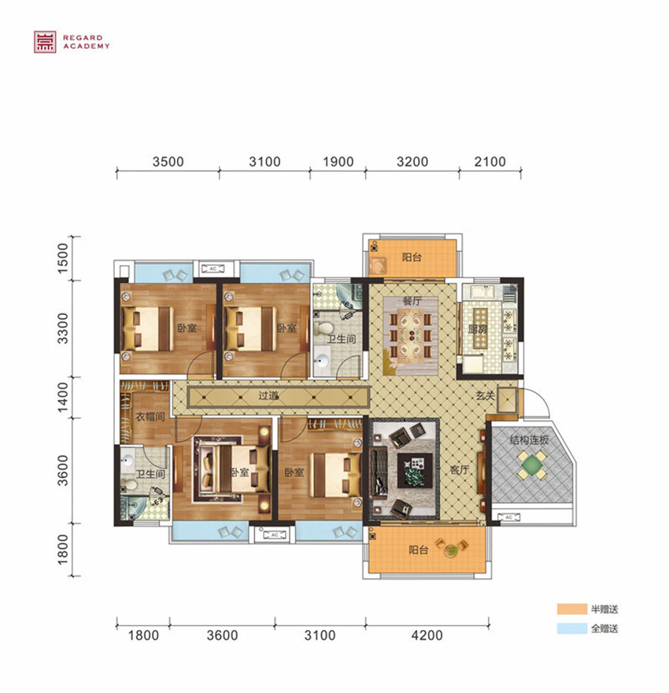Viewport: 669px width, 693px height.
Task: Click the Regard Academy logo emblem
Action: point(44,41)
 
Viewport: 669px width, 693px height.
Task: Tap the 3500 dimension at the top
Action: point(168,162)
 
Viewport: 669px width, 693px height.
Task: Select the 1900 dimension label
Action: point(338,162)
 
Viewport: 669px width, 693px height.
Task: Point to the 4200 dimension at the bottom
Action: point(427,635)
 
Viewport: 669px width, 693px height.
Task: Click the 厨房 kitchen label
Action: point(479,329)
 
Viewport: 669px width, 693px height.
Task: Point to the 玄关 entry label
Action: point(485,396)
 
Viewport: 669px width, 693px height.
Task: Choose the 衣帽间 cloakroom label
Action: point(149,417)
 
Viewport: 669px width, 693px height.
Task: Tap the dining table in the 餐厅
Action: point(409,335)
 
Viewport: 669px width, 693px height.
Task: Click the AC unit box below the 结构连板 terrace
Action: point(508,517)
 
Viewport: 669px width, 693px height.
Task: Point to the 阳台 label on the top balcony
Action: point(410,258)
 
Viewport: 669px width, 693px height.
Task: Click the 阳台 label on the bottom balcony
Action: point(418,550)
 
